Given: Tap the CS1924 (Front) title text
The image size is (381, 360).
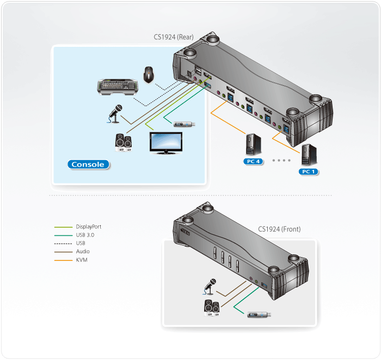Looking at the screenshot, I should pyautogui.click(x=279, y=229).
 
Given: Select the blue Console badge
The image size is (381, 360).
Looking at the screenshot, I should pyautogui.click(x=87, y=164).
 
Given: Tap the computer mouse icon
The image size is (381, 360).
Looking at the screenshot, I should pyautogui.click(x=148, y=75).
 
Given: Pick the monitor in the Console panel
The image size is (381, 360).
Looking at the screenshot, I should pyautogui.click(x=167, y=143).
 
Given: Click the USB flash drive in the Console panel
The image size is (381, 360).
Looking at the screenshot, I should pyautogui.click(x=185, y=124).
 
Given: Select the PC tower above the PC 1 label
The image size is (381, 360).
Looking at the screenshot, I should pyautogui.click(x=307, y=155).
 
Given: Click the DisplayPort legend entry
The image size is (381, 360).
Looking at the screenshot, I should pyautogui.click(x=88, y=227).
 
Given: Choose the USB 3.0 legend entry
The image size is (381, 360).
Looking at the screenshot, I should pyautogui.click(x=85, y=235).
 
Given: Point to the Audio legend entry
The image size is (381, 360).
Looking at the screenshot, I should pyautogui.click(x=83, y=252).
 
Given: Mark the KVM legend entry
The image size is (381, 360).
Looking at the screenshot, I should pyautogui.click(x=82, y=260).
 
